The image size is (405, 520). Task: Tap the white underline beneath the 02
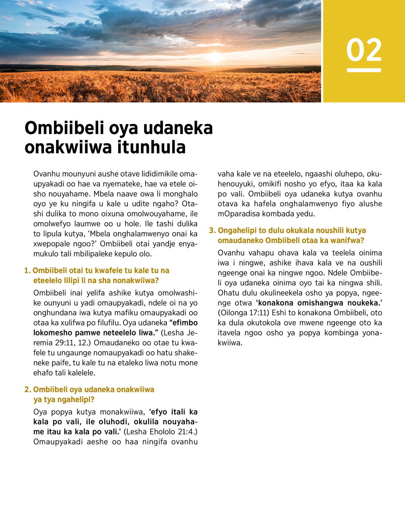tap(364, 70)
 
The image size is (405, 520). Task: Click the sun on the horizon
tap(215, 57)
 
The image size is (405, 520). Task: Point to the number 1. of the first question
tap(27, 271)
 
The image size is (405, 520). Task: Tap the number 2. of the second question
tap(28, 390)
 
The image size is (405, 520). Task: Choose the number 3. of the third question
tap(212, 231)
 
